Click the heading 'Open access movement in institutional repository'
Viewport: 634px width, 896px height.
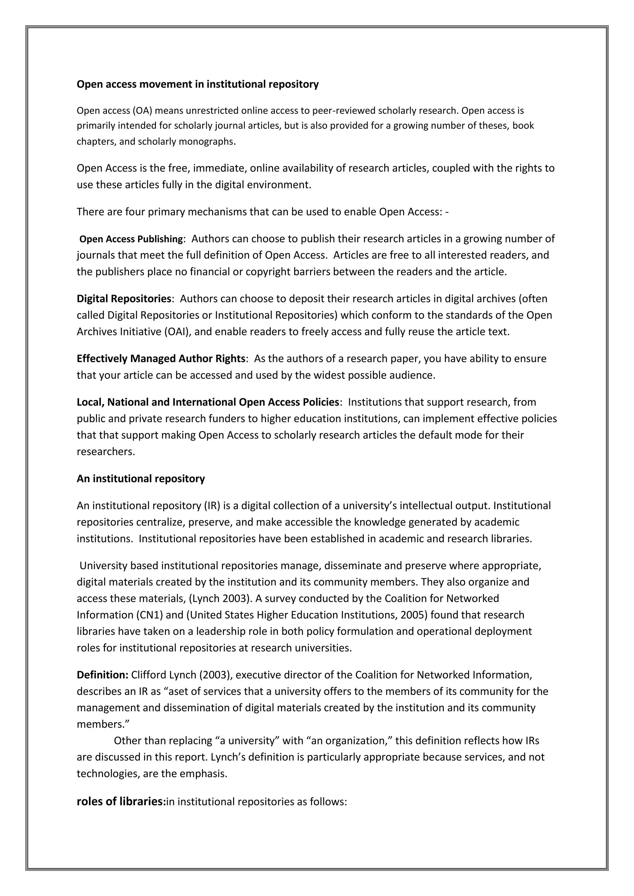198,84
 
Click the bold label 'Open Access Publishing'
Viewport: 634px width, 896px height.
131,239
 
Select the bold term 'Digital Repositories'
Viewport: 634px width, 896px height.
124,299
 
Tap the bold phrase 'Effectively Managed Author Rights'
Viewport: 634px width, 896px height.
160,358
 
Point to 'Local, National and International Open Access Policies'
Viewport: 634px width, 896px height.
208,402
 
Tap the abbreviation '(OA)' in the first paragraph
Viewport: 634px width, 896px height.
142,111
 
